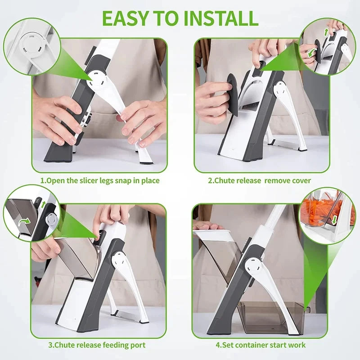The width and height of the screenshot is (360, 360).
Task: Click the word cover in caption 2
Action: coord(300,180)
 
